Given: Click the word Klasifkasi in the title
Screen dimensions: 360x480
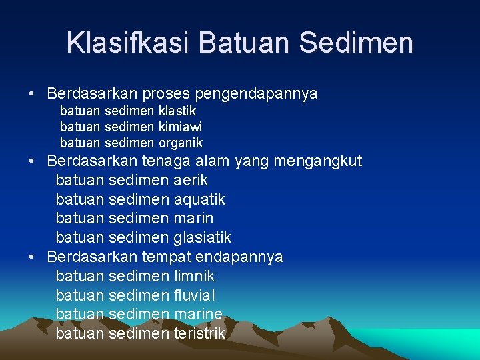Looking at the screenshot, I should click(128, 43).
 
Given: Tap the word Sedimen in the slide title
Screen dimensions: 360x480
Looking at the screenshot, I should click(356, 43).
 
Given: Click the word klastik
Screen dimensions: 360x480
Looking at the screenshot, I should click(177, 111).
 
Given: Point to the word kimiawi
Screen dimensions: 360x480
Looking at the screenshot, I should click(181, 127).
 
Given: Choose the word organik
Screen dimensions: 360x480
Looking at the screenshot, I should click(181, 143).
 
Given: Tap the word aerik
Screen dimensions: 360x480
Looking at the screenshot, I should click(191, 180).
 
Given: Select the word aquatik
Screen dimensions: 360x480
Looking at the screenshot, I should click(199, 199).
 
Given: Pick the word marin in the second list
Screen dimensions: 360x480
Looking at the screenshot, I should click(193, 218).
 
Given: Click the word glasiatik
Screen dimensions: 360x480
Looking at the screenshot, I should click(202, 237).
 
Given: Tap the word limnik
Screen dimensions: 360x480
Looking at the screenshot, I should click(194, 276).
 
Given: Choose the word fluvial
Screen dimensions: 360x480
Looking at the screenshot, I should click(194, 295).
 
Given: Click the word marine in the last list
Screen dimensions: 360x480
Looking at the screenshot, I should click(198, 314).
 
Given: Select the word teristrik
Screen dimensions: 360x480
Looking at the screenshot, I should click(199, 333).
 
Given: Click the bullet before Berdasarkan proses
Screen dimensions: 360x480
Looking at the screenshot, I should click(32, 94).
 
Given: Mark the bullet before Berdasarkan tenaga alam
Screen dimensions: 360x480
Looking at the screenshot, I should click(32, 161).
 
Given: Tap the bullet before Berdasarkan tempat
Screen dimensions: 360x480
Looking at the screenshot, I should click(32, 257).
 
